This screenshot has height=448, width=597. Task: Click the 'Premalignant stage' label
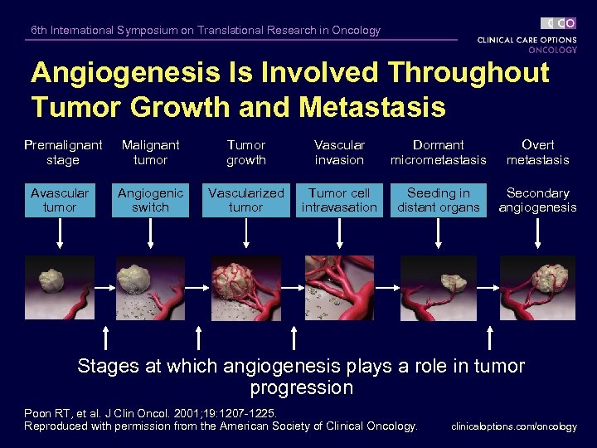pos(63,153)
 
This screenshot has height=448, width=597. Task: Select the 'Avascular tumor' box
pos(60,200)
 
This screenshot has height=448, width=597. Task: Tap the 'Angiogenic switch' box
pos(150,200)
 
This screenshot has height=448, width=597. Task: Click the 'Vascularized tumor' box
pos(246,200)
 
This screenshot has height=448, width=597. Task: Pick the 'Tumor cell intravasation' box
pos(339,200)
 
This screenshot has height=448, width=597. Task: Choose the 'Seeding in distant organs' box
pos(439,200)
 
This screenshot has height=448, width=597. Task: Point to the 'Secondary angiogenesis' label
pos(537,200)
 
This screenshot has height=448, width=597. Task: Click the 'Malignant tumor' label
pos(150,153)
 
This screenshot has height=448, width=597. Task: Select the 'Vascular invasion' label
pos(339,153)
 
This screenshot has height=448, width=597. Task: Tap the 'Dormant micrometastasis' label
pos(439,153)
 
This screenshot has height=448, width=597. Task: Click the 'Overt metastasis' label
pos(537,153)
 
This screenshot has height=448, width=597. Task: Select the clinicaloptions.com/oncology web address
pos(513,426)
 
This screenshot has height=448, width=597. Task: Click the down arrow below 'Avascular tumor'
pos(60,236)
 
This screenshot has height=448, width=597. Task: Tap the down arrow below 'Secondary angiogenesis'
pos(537,236)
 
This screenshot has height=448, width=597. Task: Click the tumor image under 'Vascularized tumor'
pos(246,287)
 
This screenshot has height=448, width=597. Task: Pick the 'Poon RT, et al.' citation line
pos(150,412)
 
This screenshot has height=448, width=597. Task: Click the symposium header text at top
pos(206,31)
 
